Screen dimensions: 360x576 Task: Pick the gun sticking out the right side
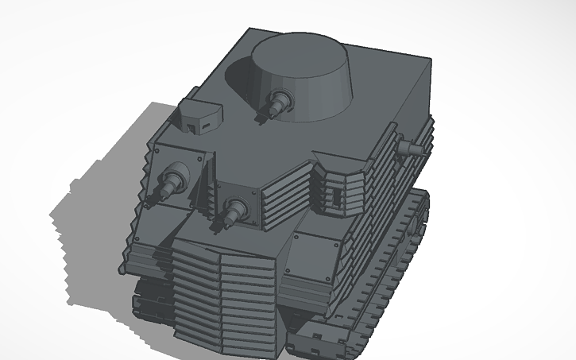tap(408, 147)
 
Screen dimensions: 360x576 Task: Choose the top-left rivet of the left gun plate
tap(158, 149)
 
